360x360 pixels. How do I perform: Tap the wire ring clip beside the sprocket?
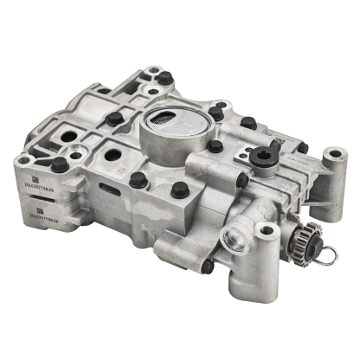(x=327, y=254)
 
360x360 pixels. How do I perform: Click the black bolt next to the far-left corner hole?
(x=59, y=164)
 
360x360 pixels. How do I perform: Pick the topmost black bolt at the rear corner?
(x=164, y=78)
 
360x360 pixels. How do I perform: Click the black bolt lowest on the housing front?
(x=208, y=266)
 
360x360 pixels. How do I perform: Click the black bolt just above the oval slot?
(x=138, y=180)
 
